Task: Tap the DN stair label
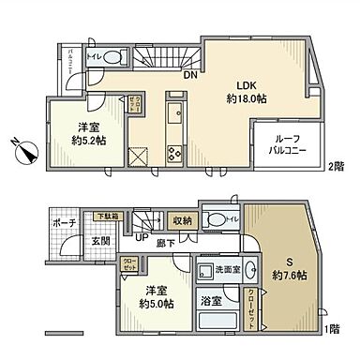(189, 75)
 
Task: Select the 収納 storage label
(183, 221)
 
